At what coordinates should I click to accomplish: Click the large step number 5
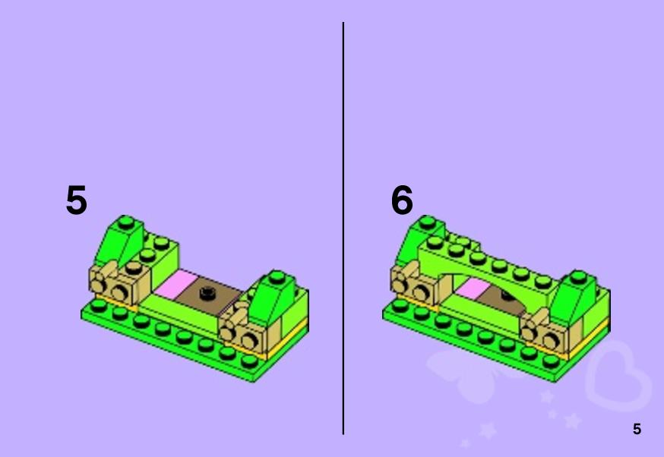pyautogui.click(x=77, y=200)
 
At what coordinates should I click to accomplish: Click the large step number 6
pyautogui.click(x=402, y=200)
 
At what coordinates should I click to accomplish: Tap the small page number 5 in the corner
pyautogui.click(x=637, y=429)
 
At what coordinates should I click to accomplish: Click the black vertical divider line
pyautogui.click(x=343, y=228)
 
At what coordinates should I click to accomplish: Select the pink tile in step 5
pyautogui.click(x=176, y=282)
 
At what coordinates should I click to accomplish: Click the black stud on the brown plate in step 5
pyautogui.click(x=207, y=292)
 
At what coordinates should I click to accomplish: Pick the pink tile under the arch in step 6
pyautogui.click(x=473, y=288)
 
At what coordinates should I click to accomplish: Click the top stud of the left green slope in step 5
pyautogui.click(x=126, y=222)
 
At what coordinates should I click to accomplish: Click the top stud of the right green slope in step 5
pyautogui.click(x=277, y=277)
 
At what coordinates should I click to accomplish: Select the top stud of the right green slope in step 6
pyautogui.click(x=578, y=277)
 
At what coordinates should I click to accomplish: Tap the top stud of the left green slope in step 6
pyautogui.click(x=427, y=222)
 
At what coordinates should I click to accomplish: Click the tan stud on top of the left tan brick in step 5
pyautogui.click(x=134, y=267)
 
